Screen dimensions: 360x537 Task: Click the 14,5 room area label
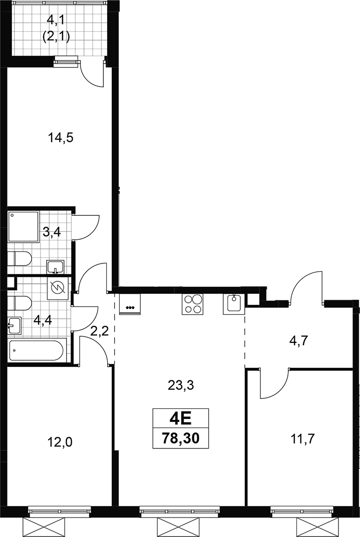(61, 138)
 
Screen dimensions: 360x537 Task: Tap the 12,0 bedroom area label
(60, 443)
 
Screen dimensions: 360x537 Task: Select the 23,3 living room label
(181, 386)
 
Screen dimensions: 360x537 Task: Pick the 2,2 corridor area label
(100, 331)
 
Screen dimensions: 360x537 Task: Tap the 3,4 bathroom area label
(52, 233)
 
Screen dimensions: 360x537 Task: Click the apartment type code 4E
(181, 418)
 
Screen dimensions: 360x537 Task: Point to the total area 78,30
(181, 438)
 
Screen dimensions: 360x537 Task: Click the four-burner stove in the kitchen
(192, 304)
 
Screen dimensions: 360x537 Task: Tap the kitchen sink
(234, 304)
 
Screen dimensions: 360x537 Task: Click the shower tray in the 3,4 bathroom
(24, 227)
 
